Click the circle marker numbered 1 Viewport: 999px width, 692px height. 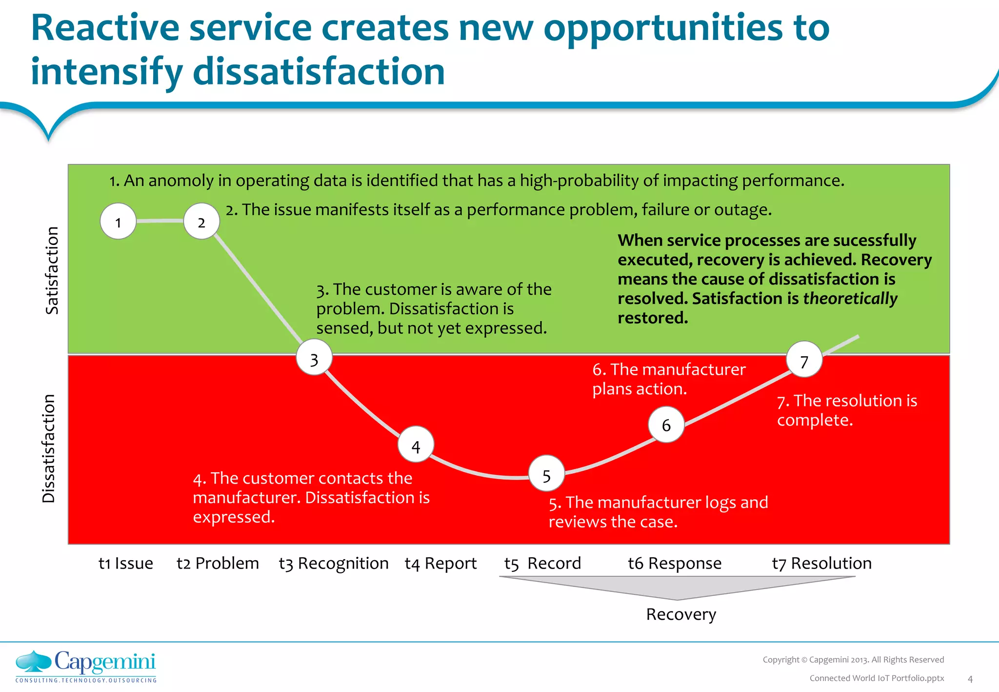click(x=118, y=222)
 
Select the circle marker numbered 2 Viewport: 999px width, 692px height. click(x=201, y=222)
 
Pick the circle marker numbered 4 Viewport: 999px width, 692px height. click(x=416, y=445)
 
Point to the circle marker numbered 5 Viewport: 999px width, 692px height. click(x=546, y=474)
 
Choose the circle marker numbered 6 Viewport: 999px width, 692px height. click(x=666, y=425)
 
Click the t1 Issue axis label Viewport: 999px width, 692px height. click(x=125, y=563)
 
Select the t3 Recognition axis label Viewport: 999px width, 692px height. click(x=334, y=563)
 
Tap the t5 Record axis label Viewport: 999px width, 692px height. click(x=542, y=563)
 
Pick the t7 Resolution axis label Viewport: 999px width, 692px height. click(x=821, y=563)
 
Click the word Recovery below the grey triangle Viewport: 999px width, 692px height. click(x=681, y=614)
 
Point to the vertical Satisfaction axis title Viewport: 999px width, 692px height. click(x=52, y=270)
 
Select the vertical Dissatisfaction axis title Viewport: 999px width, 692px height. click(x=49, y=448)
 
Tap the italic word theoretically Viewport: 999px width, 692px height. click(x=850, y=298)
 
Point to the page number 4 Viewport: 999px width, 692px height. click(x=970, y=679)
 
